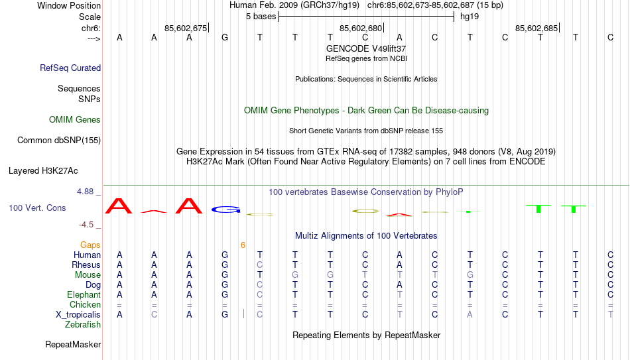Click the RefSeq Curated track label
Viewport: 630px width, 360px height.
[70, 68]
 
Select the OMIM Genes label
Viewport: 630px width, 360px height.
[75, 120]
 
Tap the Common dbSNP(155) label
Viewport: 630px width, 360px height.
[59, 141]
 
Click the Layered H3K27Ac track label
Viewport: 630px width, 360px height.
[43, 171]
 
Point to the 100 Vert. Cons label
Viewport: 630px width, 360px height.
[37, 208]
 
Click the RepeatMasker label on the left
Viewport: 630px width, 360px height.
[73, 344]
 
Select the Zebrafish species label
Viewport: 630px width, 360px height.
[83, 324]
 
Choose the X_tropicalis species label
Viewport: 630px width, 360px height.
[78, 315]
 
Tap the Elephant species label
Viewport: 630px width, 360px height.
[84, 294]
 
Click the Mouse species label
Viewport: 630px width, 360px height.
[88, 275]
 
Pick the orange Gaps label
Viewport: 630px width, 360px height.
[90, 245]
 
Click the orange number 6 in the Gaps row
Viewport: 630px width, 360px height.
[243, 245]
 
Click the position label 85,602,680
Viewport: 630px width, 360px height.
[361, 28]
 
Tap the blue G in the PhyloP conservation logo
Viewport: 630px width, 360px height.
[225, 210]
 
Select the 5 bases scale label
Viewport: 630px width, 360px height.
[261, 17]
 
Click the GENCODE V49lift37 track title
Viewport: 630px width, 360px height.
[366, 48]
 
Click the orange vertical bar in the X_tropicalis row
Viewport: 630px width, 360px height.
[243, 314]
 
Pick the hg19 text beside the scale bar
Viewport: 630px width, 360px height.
[470, 17]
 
